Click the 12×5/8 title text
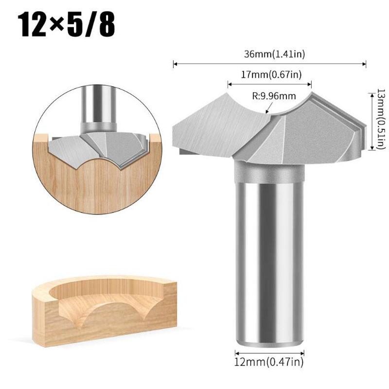(66, 25)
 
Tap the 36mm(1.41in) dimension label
(274, 54)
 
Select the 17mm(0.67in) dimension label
(271, 74)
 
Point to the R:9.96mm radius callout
(274, 96)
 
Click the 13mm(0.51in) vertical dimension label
(382, 119)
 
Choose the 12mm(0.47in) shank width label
(269, 362)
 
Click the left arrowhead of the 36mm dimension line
(175, 64)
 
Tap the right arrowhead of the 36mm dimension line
(364, 64)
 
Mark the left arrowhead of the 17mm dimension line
(230, 84)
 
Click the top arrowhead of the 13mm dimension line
(371, 95)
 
